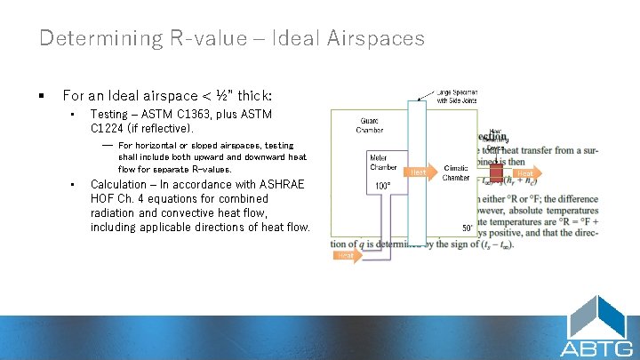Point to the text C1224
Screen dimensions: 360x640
point(111,129)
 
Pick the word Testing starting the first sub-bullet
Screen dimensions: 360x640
point(109,115)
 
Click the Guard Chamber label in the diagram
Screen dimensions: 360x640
point(371,125)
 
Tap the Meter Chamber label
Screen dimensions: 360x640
point(383,163)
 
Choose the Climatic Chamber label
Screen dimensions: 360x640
point(456,172)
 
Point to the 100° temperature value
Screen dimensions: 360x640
point(383,186)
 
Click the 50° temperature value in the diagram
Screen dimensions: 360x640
point(468,228)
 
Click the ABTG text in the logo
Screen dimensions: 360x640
point(597,347)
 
